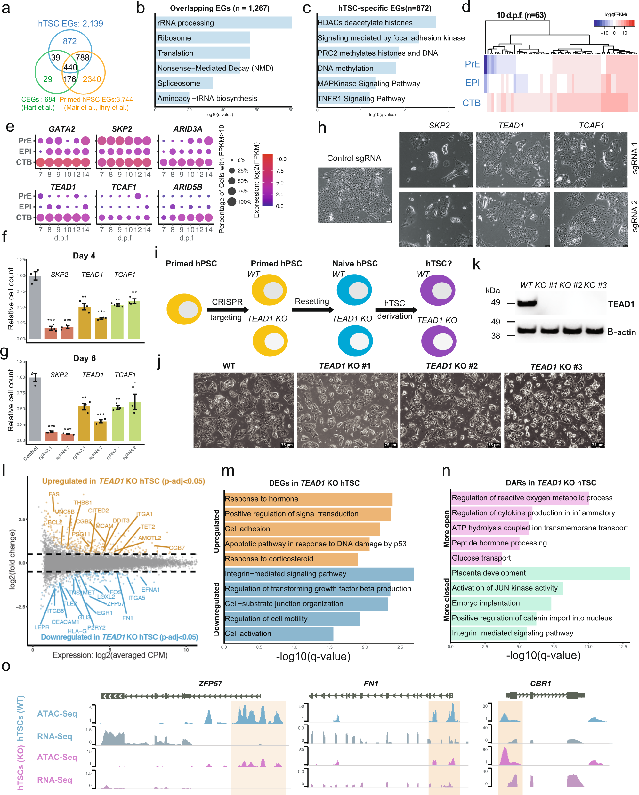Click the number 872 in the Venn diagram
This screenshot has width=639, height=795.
tap(70, 41)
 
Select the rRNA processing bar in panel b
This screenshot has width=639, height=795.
tap(223, 22)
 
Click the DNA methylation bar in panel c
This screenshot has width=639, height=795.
tap(356, 68)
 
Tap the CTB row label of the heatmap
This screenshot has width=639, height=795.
tap(471, 103)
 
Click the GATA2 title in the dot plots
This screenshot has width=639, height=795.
tap(62, 129)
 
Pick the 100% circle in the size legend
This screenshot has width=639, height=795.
tap(232, 202)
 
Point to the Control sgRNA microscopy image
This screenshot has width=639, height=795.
tap(355, 195)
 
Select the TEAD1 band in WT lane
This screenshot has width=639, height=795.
tap(527, 303)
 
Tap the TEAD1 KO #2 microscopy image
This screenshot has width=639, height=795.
tap(451, 410)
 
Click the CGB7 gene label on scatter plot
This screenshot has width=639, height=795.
tap(177, 548)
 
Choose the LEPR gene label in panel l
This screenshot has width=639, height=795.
tap(42, 627)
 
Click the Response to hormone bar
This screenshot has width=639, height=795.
tap(308, 499)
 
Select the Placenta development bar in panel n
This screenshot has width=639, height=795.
tap(540, 573)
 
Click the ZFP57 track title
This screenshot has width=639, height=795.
tap(210, 683)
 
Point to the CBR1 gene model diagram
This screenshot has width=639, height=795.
tap(545, 695)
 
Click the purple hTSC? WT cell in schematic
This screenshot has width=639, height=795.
tap(438, 290)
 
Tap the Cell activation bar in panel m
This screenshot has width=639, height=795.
tap(279, 634)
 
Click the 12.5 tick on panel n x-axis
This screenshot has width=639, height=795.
tap(623, 646)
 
